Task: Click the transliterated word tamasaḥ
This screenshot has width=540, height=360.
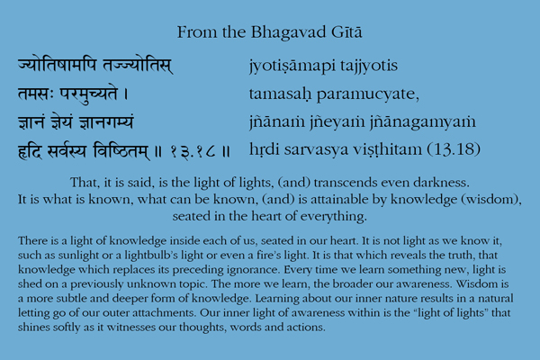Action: pyautogui.click(x=280, y=94)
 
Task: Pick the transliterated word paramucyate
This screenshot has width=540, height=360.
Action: pyautogui.click(x=367, y=94)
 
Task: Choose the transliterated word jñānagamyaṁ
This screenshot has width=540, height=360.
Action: pyautogui.click(x=423, y=122)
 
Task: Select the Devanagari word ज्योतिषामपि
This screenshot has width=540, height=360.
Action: pyautogui.click(x=57, y=65)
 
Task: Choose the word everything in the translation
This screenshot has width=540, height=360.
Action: pyautogui.click(x=334, y=217)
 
